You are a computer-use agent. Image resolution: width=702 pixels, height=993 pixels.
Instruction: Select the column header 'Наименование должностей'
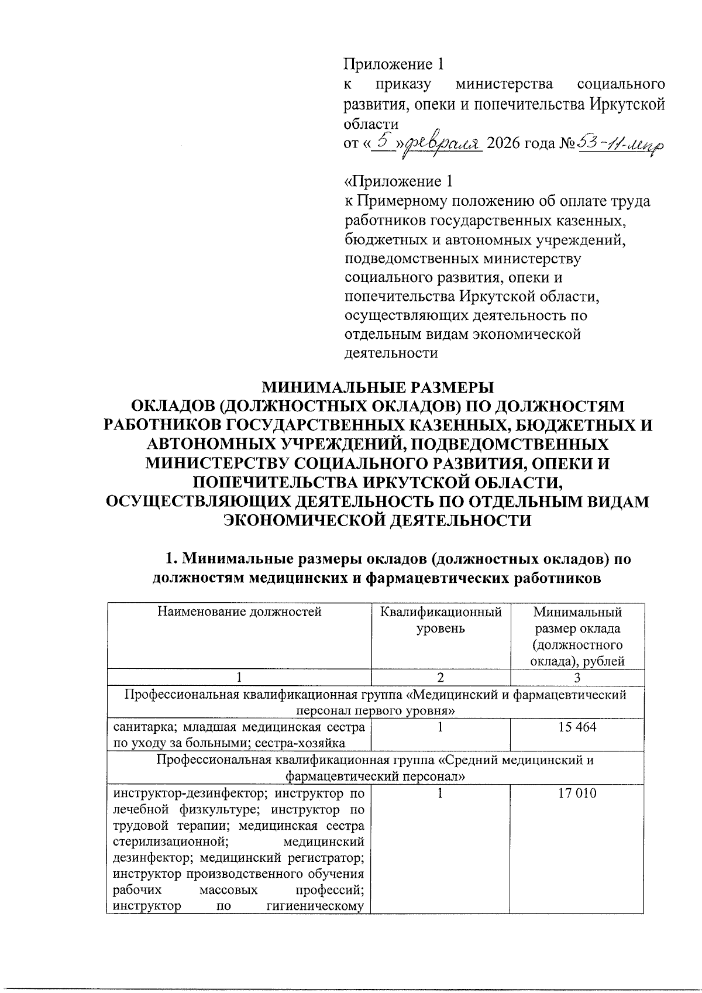(x=239, y=612)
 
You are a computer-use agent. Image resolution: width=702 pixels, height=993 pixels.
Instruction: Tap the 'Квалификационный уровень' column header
(x=441, y=620)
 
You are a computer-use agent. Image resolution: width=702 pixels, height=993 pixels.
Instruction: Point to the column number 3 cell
(x=577, y=678)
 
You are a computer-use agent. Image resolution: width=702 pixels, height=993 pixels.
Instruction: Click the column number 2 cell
(x=441, y=678)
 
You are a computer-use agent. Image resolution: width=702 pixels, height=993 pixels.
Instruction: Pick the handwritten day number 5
(x=383, y=140)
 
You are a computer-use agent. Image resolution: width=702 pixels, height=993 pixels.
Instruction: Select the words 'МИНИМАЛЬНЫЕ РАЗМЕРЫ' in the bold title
(x=377, y=387)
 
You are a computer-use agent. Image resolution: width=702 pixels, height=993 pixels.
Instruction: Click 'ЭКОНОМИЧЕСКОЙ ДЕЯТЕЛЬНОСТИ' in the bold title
(x=378, y=520)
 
